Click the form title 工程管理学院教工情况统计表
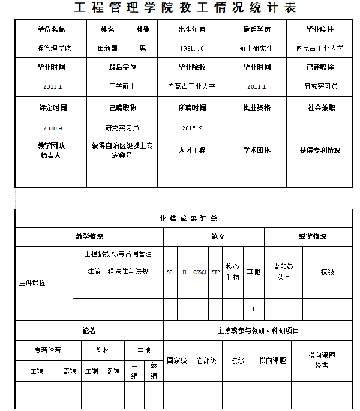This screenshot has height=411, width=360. [185, 8]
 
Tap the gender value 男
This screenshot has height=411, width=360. [142, 48]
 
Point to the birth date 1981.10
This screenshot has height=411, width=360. [192, 48]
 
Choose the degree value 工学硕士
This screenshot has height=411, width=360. [122, 86]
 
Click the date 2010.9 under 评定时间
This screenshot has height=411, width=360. [53, 128]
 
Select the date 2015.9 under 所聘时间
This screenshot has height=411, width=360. [192, 128]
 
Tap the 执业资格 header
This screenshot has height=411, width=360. [257, 109]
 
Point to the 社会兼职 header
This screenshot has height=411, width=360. [321, 109]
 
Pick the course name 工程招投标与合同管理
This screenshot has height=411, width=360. [117, 254]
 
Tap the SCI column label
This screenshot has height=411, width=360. [170, 272]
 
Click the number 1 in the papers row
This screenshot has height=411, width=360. [253, 310]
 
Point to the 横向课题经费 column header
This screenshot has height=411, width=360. [322, 360]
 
